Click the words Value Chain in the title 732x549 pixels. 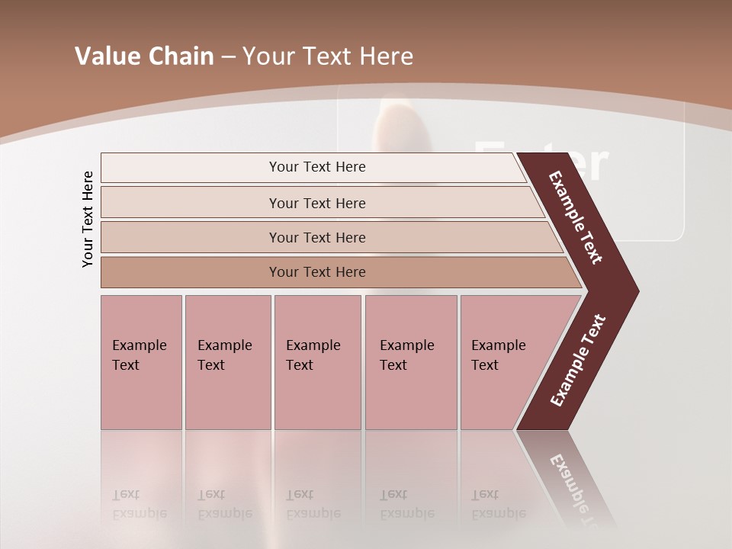(144, 56)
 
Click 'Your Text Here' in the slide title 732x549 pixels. (327, 56)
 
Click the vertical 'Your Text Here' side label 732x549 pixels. (88, 219)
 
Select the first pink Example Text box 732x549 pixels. (141, 362)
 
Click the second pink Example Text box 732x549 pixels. (227, 362)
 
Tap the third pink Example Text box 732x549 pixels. (317, 362)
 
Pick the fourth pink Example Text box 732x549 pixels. (411, 362)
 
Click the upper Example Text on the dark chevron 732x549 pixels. (576, 217)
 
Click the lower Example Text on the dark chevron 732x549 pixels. (578, 361)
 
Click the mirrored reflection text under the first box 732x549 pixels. (140, 504)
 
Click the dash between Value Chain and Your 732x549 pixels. (228, 57)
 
